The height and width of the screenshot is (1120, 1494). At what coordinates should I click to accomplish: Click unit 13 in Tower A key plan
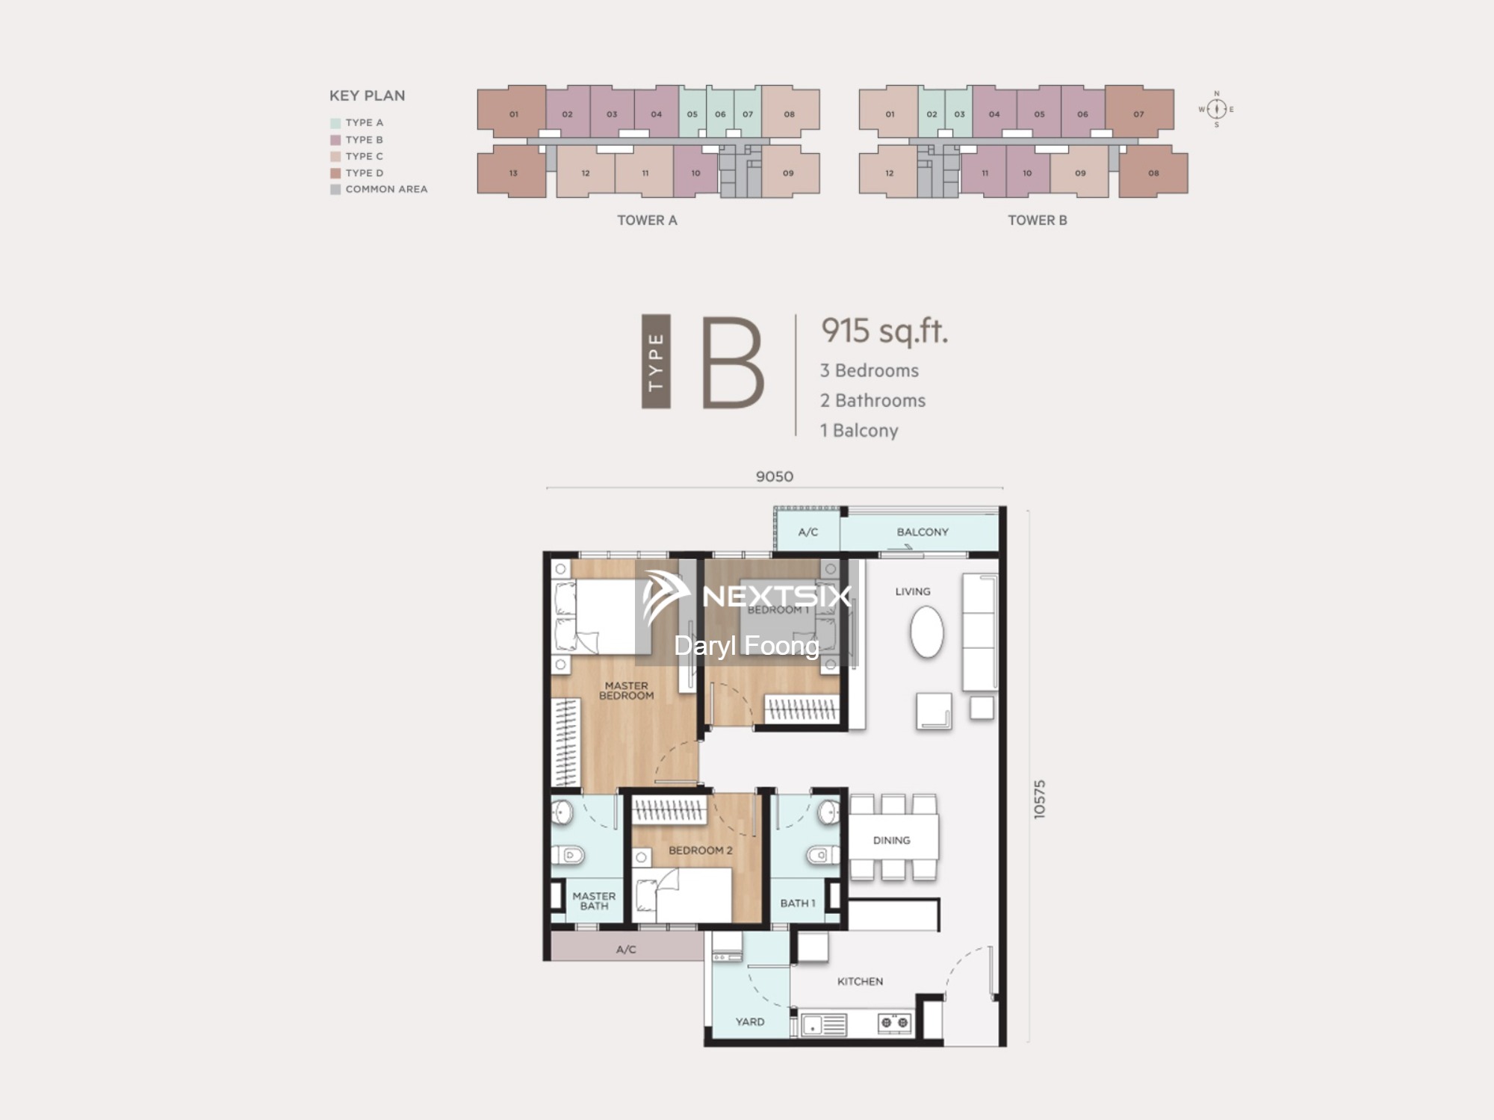click(512, 172)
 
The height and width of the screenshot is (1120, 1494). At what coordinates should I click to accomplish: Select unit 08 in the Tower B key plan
click(1153, 172)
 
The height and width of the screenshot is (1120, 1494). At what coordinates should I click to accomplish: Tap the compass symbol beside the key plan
click(1216, 109)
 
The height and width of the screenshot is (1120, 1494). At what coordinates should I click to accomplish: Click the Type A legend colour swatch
click(335, 123)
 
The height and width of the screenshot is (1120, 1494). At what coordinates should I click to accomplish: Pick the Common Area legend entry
click(379, 190)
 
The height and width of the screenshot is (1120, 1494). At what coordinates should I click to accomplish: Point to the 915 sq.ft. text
click(884, 331)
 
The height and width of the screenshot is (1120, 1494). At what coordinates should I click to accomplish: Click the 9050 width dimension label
click(775, 476)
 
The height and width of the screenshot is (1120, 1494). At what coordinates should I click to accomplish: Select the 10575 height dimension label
click(1040, 800)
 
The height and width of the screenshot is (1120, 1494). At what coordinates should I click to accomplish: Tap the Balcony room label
click(923, 532)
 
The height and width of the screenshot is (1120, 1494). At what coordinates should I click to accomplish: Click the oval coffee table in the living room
click(927, 632)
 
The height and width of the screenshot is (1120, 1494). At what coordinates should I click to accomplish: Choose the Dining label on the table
click(892, 840)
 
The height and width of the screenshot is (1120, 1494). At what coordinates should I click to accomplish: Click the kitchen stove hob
click(894, 1022)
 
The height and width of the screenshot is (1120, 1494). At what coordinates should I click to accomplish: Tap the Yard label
click(750, 1021)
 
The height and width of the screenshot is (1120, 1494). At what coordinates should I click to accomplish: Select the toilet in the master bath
click(568, 854)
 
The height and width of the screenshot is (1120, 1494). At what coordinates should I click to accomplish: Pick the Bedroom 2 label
click(701, 850)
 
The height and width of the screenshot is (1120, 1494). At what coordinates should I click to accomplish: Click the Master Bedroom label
click(627, 690)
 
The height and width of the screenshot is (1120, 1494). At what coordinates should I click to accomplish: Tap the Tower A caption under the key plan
click(647, 220)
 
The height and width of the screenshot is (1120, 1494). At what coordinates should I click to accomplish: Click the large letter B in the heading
click(733, 362)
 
